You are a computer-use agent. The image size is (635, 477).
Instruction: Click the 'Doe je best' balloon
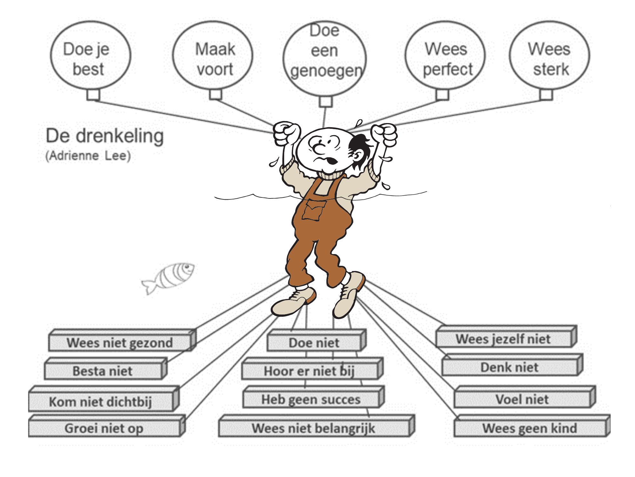[x=90, y=56]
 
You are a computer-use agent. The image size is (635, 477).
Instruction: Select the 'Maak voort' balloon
[x=213, y=56]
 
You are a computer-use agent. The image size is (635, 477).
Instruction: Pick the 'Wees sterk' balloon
[x=550, y=56]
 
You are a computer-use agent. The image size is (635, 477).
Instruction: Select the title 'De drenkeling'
[x=105, y=136]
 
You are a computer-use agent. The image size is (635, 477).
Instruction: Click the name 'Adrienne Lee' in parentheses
[x=88, y=156]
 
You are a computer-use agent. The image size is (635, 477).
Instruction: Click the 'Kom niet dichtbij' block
[x=100, y=402]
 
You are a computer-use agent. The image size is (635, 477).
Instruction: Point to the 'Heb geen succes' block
[x=311, y=399]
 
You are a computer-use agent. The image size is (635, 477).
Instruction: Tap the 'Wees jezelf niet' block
[x=503, y=339]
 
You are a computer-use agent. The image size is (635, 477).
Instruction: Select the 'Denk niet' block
[x=509, y=368]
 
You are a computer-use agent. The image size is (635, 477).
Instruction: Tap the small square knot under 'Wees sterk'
[x=546, y=94]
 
